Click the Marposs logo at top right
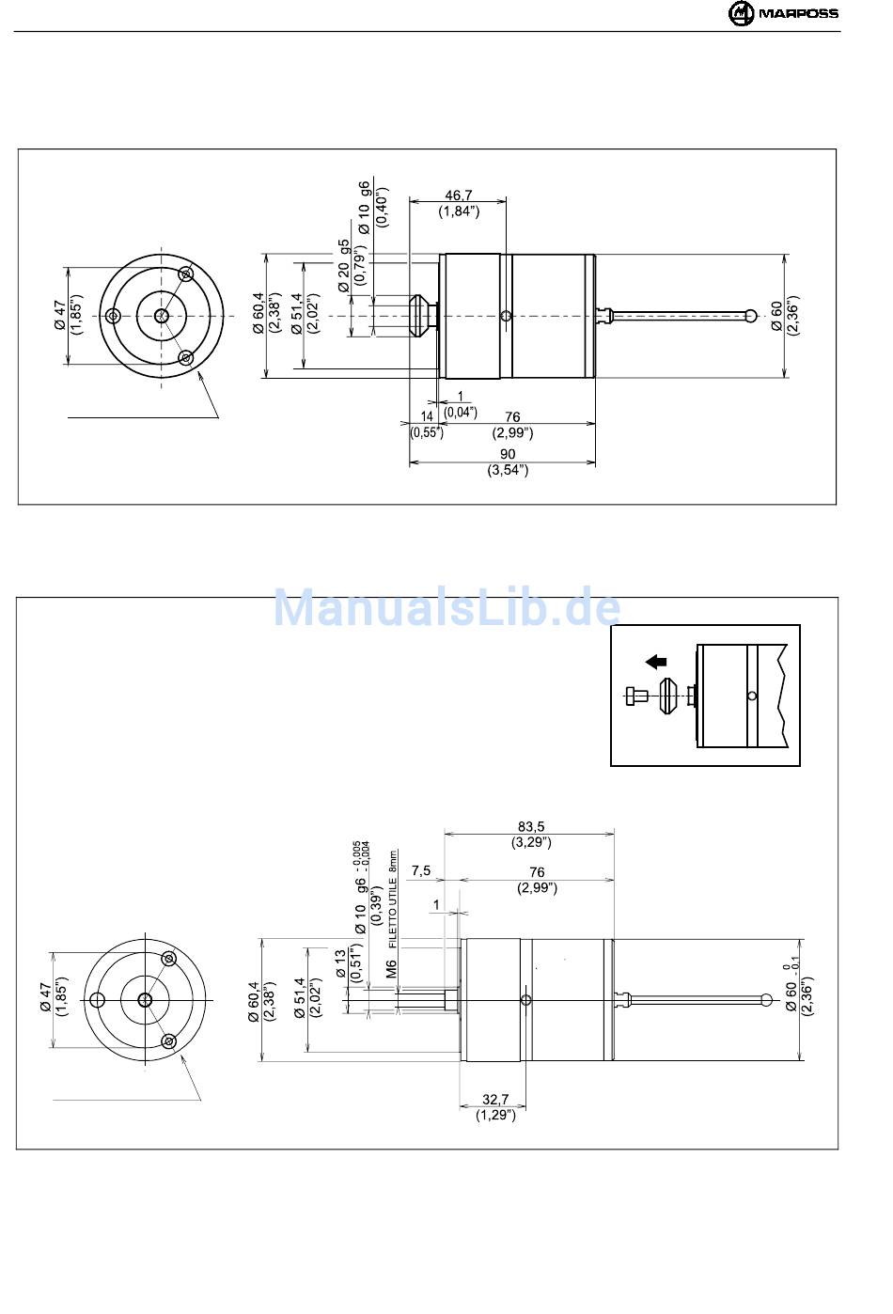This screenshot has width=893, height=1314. coord(783,13)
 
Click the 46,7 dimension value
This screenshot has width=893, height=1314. coord(458,195)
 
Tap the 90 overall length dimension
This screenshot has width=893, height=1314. coord(508,454)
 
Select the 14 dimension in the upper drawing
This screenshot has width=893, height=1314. coord(427,415)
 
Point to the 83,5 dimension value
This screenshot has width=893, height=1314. coord(531,826)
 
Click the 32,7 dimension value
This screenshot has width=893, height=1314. coord(495,1100)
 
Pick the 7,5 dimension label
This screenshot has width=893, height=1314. coord(421,870)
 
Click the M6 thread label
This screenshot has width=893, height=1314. coord(391,968)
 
